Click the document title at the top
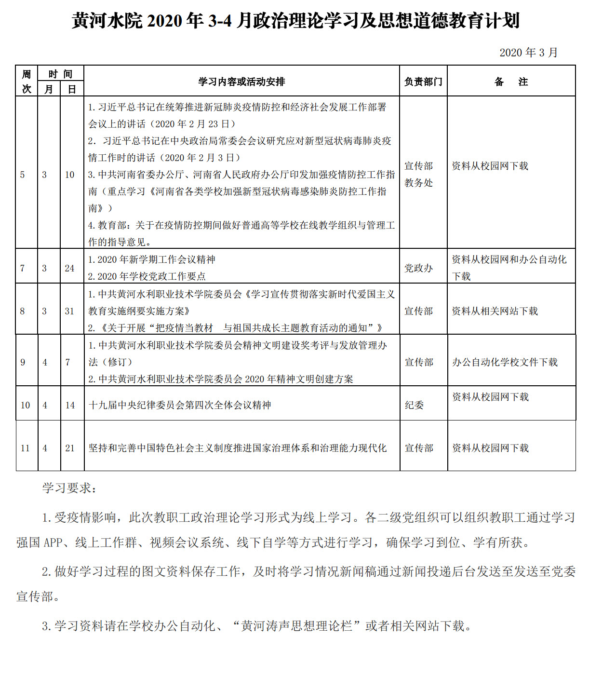tap(295, 21)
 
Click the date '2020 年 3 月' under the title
tap(528, 53)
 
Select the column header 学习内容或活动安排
tap(241, 81)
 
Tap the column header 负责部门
tap(423, 81)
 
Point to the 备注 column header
tap(511, 81)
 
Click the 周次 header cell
tap(27, 81)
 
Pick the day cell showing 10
tap(70, 175)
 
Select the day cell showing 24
tap(70, 268)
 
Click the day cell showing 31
tap(70, 311)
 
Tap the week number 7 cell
tap(23, 268)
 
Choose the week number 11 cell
tap(26, 448)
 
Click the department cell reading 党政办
tap(418, 268)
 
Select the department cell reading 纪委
tap(414, 405)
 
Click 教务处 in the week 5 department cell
tap(418, 183)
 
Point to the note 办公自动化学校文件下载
tap(505, 362)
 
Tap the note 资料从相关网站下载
tap(495, 311)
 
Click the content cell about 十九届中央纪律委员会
tap(180, 405)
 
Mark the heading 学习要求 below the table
tap(69, 488)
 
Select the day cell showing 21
tap(70, 448)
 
